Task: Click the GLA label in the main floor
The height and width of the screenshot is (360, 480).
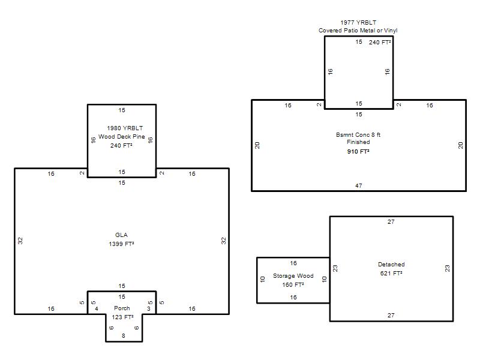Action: [x=121, y=235]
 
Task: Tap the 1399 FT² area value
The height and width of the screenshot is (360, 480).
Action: [x=121, y=244]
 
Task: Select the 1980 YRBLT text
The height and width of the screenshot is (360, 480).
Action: [x=125, y=128]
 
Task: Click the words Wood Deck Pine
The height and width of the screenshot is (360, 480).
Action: [x=122, y=137]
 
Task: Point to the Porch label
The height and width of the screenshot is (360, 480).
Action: [x=122, y=308]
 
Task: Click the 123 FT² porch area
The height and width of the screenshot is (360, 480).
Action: [x=122, y=317]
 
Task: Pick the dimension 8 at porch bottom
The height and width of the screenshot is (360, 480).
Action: [x=124, y=335]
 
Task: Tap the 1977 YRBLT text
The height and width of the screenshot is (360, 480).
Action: [x=358, y=22]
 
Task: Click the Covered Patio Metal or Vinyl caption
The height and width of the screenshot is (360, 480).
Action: [x=358, y=31]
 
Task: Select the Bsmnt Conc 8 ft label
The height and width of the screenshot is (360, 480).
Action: [x=358, y=134]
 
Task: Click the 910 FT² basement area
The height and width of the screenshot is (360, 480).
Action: [x=358, y=151]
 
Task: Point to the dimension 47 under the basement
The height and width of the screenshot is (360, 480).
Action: [x=358, y=185]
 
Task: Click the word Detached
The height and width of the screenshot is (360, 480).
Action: [x=391, y=264]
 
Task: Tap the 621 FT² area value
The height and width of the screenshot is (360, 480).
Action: [x=391, y=273]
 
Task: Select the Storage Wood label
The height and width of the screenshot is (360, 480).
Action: [x=293, y=275]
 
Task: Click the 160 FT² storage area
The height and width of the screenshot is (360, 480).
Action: [x=293, y=284]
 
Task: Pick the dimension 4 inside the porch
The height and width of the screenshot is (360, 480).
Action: [x=97, y=308]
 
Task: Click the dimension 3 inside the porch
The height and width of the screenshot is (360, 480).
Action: [x=149, y=308]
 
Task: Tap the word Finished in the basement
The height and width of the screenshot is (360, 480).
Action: [x=358, y=142]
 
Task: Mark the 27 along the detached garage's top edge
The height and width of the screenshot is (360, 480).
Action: [x=391, y=221]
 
